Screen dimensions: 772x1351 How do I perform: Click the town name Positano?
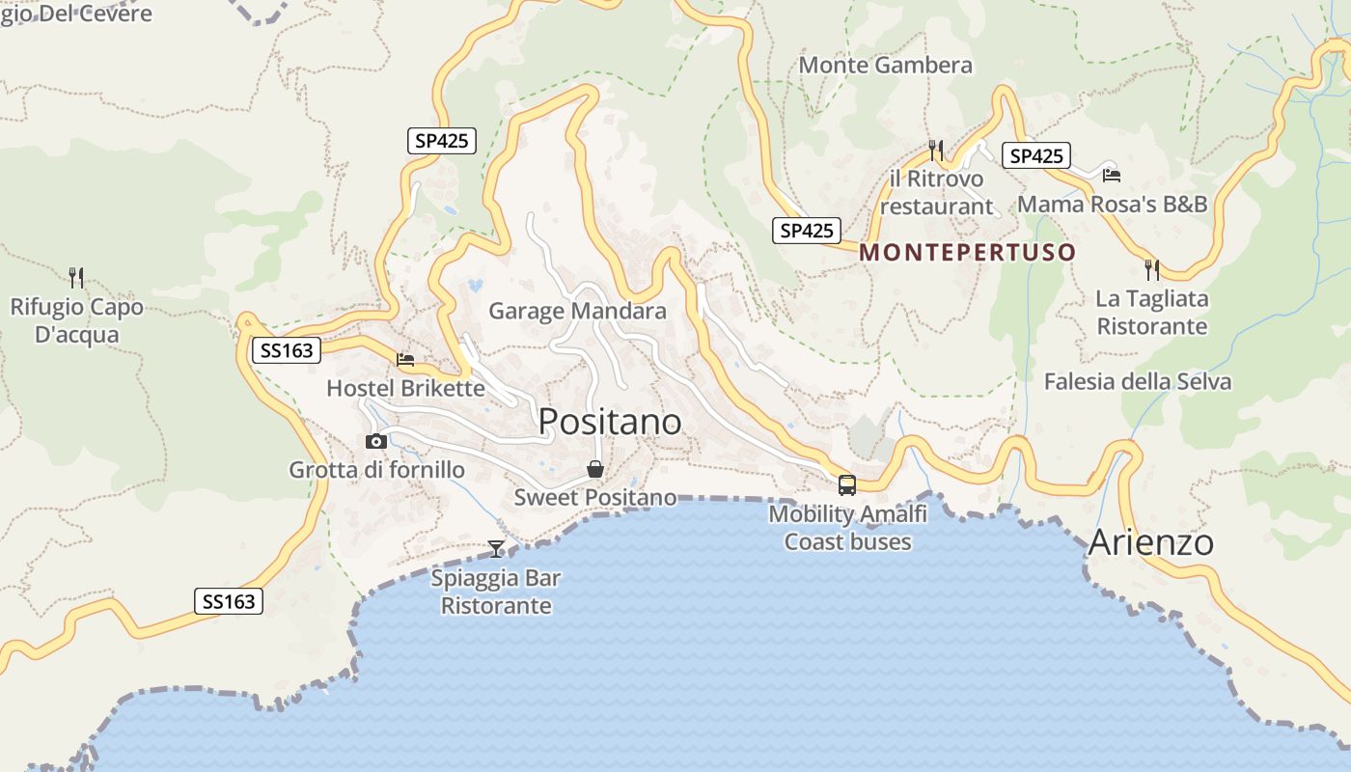coord(610,422)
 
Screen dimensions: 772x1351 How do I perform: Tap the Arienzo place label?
coord(1150,542)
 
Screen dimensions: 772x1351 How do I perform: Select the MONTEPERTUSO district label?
coord(967,253)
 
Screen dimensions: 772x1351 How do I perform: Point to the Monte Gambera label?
coord(886,66)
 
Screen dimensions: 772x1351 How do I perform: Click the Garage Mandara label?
coord(577,311)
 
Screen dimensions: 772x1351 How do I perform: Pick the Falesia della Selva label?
coord(1138,381)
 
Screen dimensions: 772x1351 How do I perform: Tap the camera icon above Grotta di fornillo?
coord(376,442)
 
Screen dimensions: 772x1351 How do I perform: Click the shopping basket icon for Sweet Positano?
coord(595,470)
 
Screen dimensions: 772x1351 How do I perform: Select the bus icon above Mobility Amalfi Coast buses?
coord(847,485)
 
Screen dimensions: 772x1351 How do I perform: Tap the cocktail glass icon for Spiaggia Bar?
coord(496,549)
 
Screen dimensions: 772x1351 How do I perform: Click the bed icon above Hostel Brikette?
coord(405,360)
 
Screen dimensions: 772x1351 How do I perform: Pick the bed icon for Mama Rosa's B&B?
coord(1112,176)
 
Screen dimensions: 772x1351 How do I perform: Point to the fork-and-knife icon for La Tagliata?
coord(1151,269)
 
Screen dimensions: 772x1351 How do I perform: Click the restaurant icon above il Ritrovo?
coord(935,151)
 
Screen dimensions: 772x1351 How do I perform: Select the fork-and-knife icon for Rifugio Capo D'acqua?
coord(76,278)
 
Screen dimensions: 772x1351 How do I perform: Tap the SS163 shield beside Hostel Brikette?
coord(287,350)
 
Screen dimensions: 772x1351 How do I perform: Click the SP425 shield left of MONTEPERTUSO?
coord(807,231)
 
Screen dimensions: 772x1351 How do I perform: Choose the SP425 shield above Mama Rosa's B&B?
coord(1036,155)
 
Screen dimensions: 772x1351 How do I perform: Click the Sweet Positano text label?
coord(594,498)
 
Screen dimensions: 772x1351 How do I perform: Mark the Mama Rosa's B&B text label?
coord(1112,205)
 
